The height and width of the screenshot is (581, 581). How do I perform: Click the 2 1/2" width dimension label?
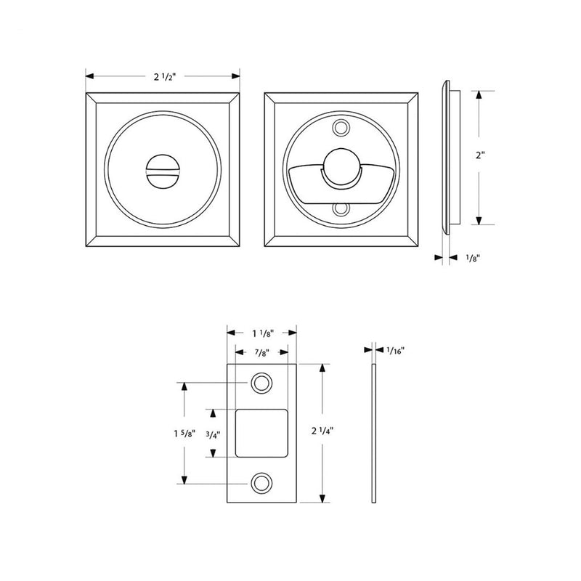point(163,76)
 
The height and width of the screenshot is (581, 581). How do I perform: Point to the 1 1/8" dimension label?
point(261,333)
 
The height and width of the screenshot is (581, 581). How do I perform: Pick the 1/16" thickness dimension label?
point(396,350)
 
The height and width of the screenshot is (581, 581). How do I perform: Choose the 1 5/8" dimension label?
point(163,434)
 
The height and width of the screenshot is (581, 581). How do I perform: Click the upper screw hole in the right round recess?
point(341,129)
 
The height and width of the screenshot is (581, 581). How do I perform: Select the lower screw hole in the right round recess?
point(341,210)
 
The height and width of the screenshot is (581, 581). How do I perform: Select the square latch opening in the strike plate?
point(262,433)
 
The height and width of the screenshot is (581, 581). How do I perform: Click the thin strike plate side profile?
point(373,434)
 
